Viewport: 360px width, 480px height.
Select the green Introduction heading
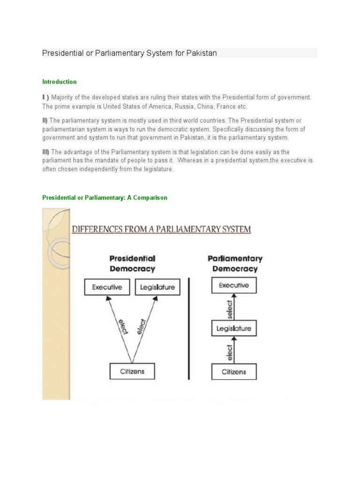point(60,82)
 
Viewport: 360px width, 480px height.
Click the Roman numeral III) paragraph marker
point(46,152)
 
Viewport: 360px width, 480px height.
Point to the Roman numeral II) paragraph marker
point(45,120)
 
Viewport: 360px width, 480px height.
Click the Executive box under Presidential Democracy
point(107,287)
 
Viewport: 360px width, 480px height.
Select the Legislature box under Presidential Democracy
point(157,287)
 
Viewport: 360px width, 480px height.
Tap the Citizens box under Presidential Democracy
point(132,372)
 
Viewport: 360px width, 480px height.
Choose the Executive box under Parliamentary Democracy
point(234,285)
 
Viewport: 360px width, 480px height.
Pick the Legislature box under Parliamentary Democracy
point(234,329)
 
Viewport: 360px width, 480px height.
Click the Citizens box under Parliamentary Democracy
point(234,372)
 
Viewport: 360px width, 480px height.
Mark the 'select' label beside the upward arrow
point(229,307)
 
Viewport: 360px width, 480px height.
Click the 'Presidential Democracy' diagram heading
point(132,263)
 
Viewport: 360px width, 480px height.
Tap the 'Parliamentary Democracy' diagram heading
point(235,263)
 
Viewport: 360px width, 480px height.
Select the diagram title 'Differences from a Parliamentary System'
point(161,230)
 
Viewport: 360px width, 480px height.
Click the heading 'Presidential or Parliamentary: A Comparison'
point(105,198)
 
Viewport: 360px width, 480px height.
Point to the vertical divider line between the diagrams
point(189,328)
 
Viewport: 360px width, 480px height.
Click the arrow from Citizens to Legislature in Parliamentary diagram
point(234,351)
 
